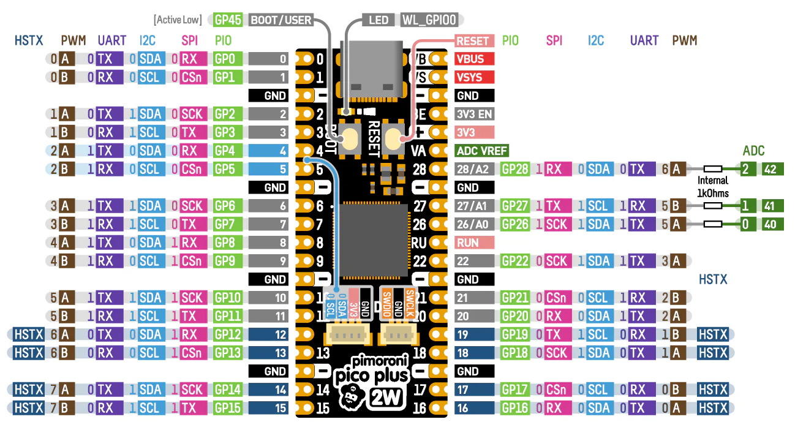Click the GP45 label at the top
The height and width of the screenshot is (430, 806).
click(x=228, y=20)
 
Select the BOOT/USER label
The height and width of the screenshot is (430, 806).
click(x=281, y=20)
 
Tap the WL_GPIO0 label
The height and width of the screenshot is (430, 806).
click(x=429, y=20)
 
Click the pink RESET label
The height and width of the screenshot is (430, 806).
click(x=473, y=41)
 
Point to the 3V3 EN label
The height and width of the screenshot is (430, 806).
click(x=474, y=115)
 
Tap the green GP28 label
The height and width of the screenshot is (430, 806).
click(x=515, y=170)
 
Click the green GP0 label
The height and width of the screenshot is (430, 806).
click(x=227, y=59)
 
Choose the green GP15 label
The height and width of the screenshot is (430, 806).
click(x=227, y=409)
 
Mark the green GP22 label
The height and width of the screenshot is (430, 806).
click(x=515, y=262)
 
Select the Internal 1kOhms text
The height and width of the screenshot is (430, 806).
click(x=713, y=187)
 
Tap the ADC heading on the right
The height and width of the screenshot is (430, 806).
click(x=753, y=151)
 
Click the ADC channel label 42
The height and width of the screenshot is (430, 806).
click(x=770, y=170)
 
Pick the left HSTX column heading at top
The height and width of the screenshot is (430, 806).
click(x=29, y=41)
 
